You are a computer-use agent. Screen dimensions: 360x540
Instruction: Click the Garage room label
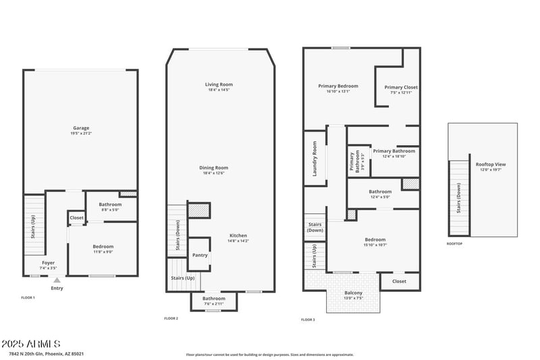81,128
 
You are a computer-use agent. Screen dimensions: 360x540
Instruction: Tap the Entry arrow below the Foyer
57,280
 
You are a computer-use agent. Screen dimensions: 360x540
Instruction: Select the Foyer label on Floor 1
49,263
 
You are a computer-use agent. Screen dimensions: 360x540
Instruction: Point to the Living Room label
219,84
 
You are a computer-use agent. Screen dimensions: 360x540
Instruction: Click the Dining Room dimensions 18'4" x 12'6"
213,174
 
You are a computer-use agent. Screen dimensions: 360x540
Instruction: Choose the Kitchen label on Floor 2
238,235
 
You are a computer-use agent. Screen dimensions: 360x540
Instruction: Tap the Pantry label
200,255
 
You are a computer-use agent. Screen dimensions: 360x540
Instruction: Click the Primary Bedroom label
338,86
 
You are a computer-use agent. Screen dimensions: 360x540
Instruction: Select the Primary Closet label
401,87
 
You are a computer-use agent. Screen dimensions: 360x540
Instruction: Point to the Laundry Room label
315,159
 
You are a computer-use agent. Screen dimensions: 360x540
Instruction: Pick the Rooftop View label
491,164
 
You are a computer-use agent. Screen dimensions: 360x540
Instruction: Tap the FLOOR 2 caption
171,318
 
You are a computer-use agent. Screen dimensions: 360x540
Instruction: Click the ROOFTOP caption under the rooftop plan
454,243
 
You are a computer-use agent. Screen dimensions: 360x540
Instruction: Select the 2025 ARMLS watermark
31,344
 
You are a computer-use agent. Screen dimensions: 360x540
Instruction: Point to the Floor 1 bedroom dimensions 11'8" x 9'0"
103,253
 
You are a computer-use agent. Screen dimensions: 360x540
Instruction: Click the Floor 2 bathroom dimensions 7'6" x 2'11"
214,304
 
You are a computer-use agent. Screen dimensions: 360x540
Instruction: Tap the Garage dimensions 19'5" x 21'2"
81,134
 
